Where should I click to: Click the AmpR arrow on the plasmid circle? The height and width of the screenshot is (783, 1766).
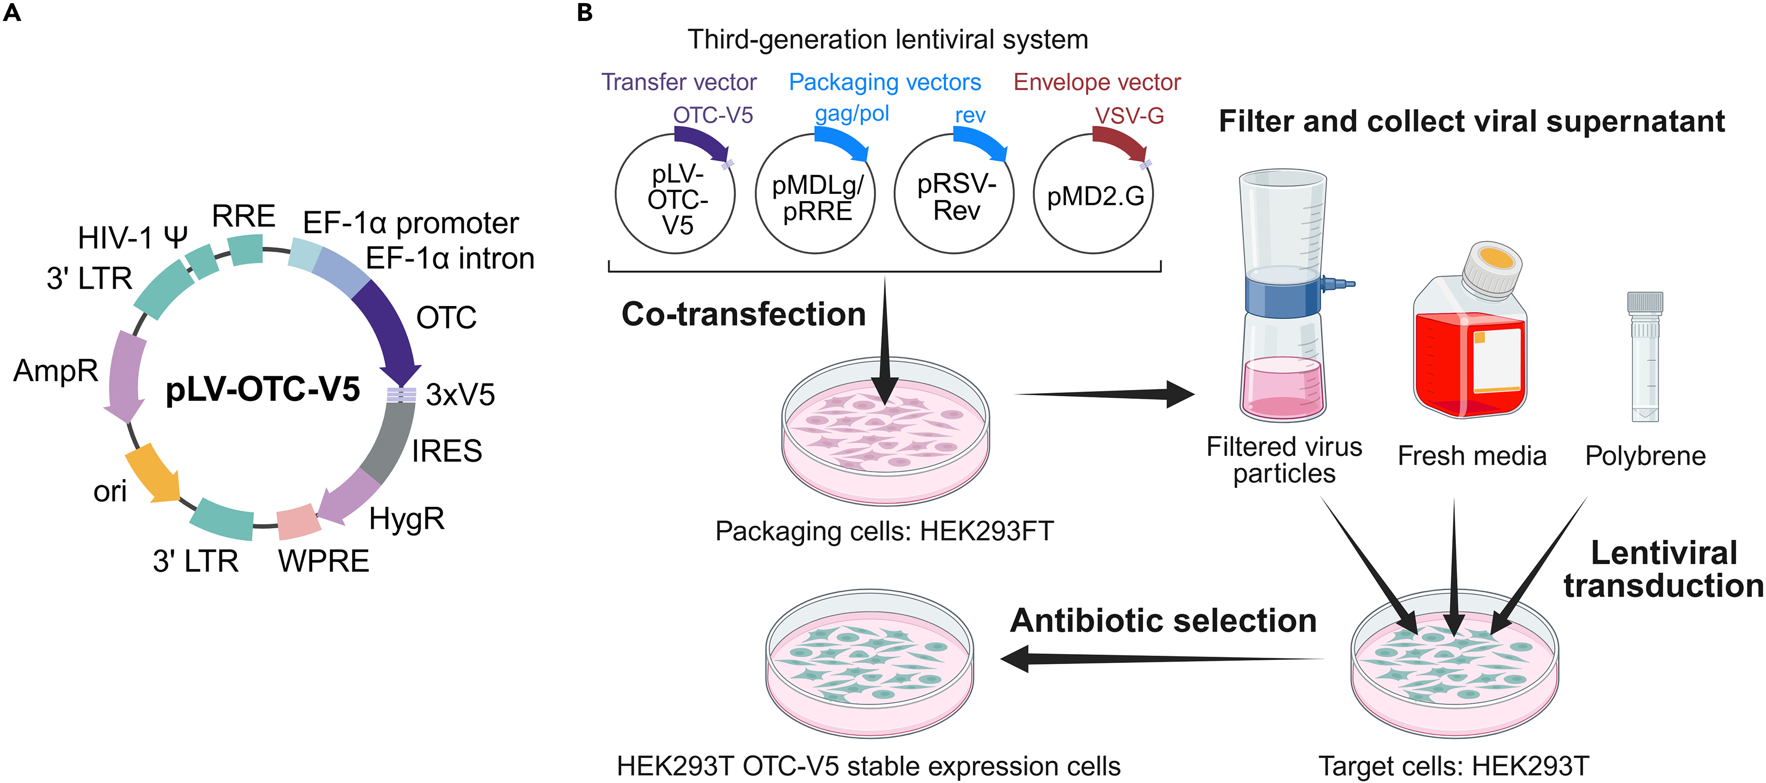pyautogui.click(x=125, y=374)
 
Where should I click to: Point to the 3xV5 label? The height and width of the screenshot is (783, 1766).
pyautogui.click(x=460, y=395)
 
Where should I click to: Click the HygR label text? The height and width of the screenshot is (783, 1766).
pyautogui.click(x=407, y=519)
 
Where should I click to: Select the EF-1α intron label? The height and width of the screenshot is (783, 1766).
pyautogui.click(x=449, y=258)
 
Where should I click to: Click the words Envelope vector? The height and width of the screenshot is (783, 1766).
pyautogui.click(x=1097, y=82)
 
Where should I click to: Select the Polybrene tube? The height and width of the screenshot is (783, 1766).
pyautogui.click(x=1644, y=356)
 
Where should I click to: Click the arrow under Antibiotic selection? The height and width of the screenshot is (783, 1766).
pyautogui.click(x=1159, y=659)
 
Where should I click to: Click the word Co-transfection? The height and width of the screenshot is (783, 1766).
pyautogui.click(x=743, y=314)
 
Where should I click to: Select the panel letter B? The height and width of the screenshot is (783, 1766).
pyautogui.click(x=585, y=13)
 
